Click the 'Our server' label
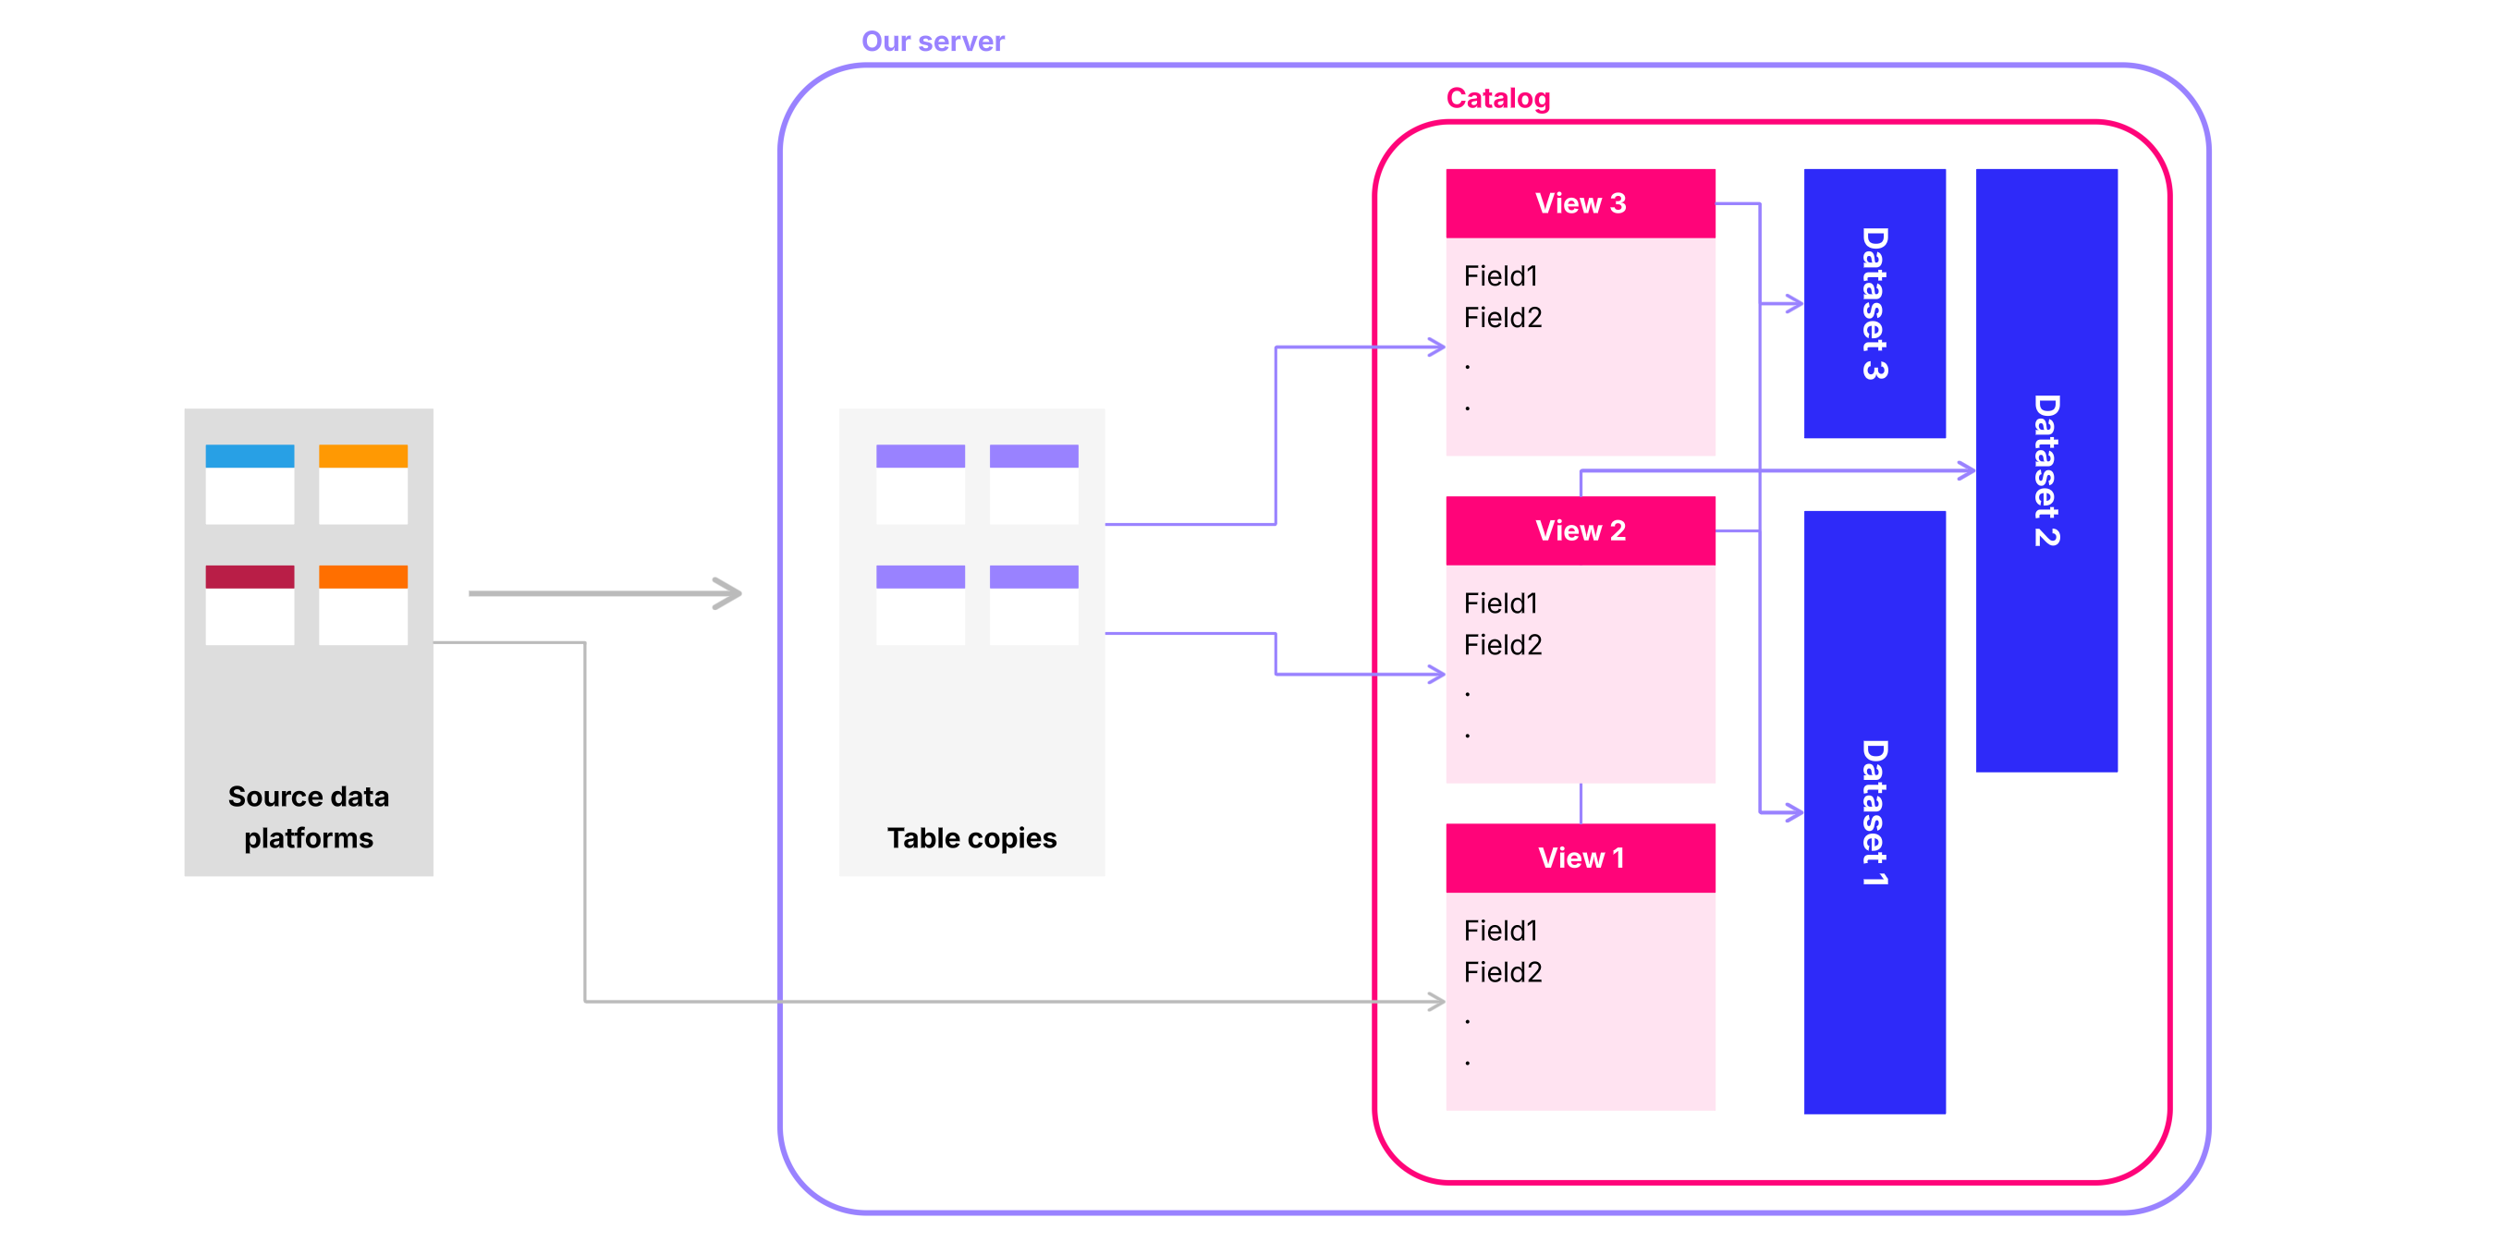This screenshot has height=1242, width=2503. [933, 42]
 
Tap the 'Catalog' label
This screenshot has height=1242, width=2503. [1497, 98]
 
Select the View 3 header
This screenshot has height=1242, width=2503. [1580, 203]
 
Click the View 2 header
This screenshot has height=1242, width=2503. [1580, 530]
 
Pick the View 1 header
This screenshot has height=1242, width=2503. [1580, 858]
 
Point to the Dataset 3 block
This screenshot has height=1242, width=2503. [1874, 303]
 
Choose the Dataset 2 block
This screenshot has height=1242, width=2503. [2046, 470]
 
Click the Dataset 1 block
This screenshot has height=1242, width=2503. [1874, 812]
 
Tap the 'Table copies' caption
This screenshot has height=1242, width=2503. [971, 838]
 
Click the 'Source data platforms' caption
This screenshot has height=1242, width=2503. [308, 817]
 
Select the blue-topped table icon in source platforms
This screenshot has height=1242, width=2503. [250, 484]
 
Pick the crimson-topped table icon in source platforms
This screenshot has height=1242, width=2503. [250, 604]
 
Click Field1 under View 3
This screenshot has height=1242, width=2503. [1500, 276]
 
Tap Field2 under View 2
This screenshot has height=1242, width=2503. [1502, 645]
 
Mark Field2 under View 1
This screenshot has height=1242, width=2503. [1502, 973]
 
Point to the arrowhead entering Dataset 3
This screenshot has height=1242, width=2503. [1794, 304]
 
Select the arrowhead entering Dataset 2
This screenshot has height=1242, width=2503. [1966, 470]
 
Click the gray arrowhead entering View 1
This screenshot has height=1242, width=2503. [1436, 1001]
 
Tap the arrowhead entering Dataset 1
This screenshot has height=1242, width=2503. [1794, 812]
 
